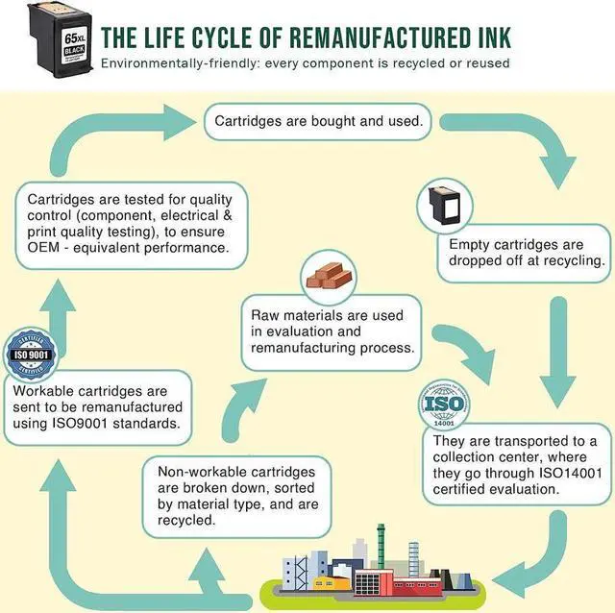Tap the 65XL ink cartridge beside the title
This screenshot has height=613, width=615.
tap(61, 40)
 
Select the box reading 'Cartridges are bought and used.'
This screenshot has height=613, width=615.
tap(318, 122)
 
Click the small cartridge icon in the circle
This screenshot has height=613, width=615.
tap(445, 206)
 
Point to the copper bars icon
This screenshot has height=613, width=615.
tap(329, 275)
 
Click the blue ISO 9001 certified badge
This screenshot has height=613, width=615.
tap(31, 355)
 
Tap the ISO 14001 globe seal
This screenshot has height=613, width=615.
tap(444, 404)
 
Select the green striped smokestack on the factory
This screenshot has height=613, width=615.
tap(381, 546)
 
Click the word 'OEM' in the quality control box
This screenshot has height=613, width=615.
tap(42, 248)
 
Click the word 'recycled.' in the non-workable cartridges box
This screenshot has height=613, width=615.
tap(186, 520)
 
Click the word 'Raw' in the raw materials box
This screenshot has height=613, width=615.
tap(265, 315)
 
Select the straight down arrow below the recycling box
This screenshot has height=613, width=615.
tap(557, 353)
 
